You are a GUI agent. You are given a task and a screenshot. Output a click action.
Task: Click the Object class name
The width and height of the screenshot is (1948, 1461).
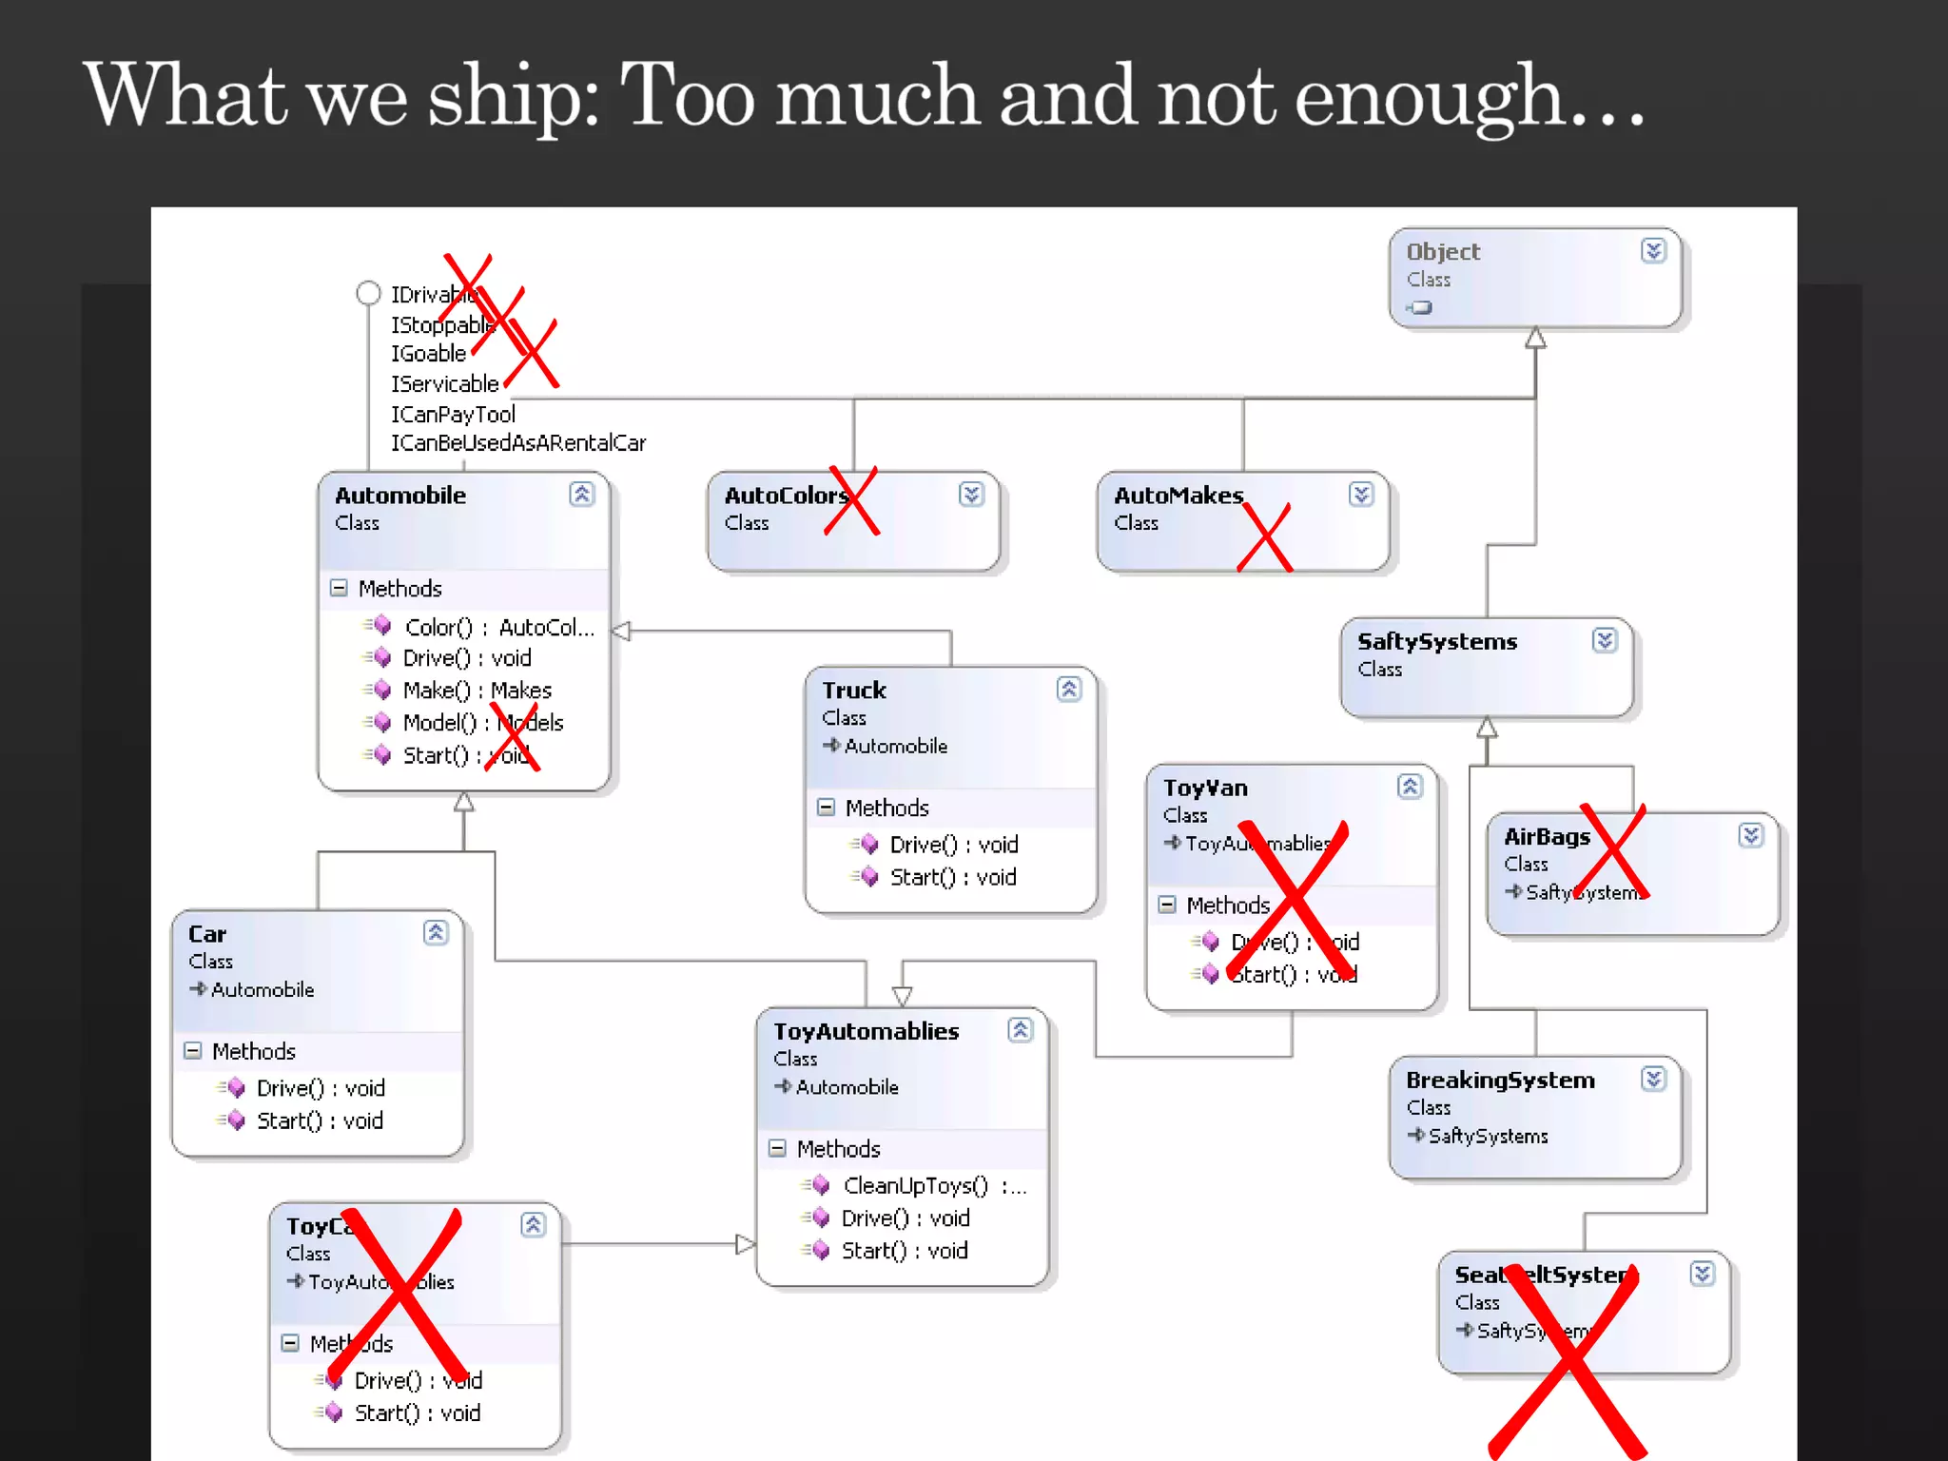[x=1443, y=252]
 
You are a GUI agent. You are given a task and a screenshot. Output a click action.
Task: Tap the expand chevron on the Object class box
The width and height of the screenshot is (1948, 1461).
[x=1653, y=250]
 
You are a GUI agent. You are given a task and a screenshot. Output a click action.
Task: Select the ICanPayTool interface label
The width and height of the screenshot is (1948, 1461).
[x=453, y=414]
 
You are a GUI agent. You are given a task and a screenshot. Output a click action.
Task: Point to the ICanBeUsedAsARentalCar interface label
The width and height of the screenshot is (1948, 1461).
[x=518, y=443]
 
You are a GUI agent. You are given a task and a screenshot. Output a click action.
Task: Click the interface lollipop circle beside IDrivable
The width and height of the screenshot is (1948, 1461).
[x=368, y=293]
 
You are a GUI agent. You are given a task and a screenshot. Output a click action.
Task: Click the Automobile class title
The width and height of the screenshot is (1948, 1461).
[x=400, y=496]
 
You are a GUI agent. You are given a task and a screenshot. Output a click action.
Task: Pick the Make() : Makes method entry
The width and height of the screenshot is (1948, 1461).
[x=477, y=691]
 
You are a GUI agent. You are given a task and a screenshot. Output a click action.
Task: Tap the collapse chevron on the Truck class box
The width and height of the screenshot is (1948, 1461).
[x=1068, y=690]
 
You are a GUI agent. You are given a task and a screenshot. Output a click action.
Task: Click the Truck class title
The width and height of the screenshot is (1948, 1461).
[x=854, y=691]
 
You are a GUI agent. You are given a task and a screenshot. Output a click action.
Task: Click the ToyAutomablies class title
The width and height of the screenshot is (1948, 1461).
[x=866, y=1032]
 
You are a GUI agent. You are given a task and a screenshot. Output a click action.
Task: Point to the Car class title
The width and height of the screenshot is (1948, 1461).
[x=207, y=934]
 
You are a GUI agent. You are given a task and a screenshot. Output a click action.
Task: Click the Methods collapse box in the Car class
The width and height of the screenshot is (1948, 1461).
[x=193, y=1051]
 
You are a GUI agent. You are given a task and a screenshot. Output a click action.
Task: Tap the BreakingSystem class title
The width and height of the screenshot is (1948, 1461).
[x=1500, y=1081]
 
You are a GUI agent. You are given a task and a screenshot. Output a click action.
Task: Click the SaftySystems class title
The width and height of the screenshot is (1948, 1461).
[x=1437, y=642]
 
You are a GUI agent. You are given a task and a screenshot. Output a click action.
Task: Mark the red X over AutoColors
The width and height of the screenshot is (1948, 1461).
[x=852, y=500]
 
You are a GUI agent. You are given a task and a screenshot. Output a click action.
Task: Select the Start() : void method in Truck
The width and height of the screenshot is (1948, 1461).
[x=952, y=877]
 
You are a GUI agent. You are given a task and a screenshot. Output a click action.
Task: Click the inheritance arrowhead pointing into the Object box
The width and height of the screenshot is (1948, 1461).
[x=1535, y=339]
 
